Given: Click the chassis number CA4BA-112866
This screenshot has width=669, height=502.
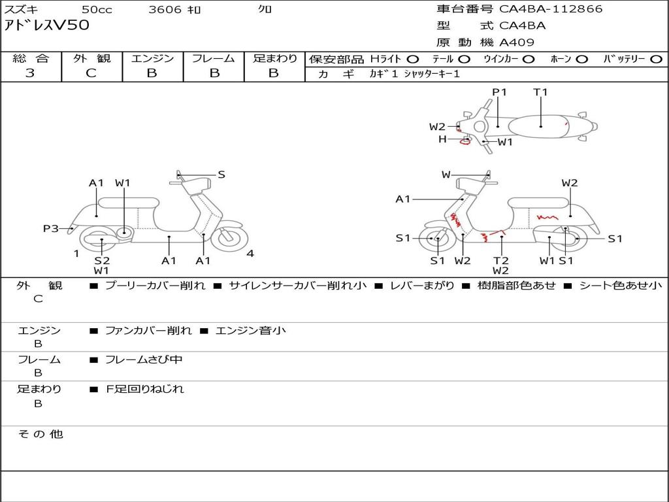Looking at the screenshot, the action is coord(551,9).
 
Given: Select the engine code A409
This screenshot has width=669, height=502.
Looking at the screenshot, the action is coord(517,42).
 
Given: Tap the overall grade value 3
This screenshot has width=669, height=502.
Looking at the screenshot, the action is coord(30,73).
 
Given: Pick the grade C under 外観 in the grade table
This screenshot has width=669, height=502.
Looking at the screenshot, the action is coord(91,73).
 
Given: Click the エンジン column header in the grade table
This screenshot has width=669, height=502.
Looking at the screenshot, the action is coord(152,58).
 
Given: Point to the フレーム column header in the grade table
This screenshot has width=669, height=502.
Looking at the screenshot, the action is coord(213,58).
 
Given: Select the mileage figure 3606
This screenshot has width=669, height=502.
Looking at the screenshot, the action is coord(165,9).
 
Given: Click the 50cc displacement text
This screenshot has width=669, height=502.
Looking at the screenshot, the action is coord(95,9).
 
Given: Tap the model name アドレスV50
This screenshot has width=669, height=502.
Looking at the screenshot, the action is coord(47,25).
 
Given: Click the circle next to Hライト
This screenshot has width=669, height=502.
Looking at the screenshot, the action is coord(413,59).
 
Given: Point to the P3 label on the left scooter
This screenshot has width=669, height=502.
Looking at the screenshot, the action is coord(51,228).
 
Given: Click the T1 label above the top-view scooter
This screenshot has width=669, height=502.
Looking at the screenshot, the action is coord(540,92).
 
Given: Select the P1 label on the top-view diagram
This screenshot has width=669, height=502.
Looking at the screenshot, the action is coord(500,92).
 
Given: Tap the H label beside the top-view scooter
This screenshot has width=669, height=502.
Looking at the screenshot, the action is coord(442,139).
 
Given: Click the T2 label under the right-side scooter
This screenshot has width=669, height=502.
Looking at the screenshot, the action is coord(501,259).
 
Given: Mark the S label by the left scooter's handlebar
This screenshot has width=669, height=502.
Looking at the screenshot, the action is coord(221,175).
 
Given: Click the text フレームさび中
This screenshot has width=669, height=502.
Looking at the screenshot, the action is coord(144,360).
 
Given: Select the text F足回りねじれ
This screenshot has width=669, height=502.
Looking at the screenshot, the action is coord(145,389).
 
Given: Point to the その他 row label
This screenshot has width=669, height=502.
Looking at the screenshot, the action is coord(40,434).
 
